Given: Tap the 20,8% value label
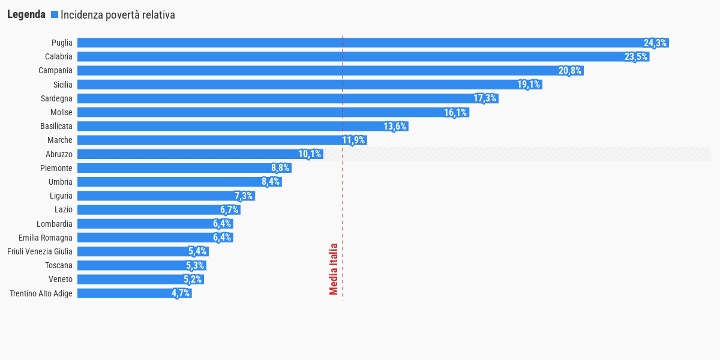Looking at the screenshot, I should pyautogui.click(x=570, y=71).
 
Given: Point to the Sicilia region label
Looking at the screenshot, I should pyautogui.click(x=62, y=85).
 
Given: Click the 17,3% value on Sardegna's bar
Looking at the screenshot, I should pyautogui.click(x=485, y=98).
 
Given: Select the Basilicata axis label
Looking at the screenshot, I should pyautogui.click(x=56, y=126).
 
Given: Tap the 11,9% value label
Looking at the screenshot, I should pyautogui.click(x=353, y=140).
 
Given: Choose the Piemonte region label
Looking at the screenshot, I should pyautogui.click(x=56, y=168).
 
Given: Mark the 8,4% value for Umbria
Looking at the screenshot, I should pyautogui.click(x=271, y=182).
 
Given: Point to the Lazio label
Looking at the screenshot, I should pyautogui.click(x=64, y=209).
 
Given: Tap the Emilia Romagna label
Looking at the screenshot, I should pyautogui.click(x=46, y=238).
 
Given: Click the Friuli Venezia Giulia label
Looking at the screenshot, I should pyautogui.click(x=40, y=251).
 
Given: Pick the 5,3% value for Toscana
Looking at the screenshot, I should pyautogui.click(x=195, y=265).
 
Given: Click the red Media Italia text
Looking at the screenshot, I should pyautogui.click(x=334, y=269).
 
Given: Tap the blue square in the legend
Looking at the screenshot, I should pyautogui.click(x=55, y=14).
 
